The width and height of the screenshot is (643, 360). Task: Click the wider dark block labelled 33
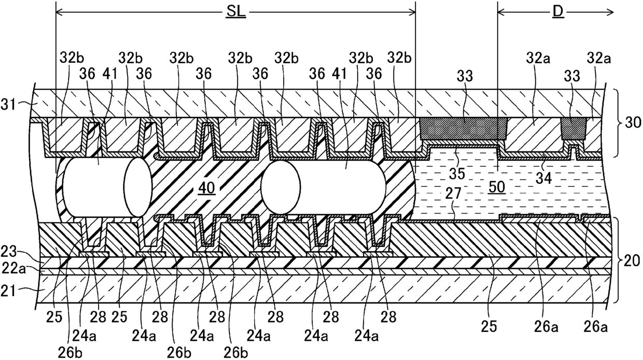[463, 128]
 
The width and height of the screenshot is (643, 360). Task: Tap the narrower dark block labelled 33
[573, 128]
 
